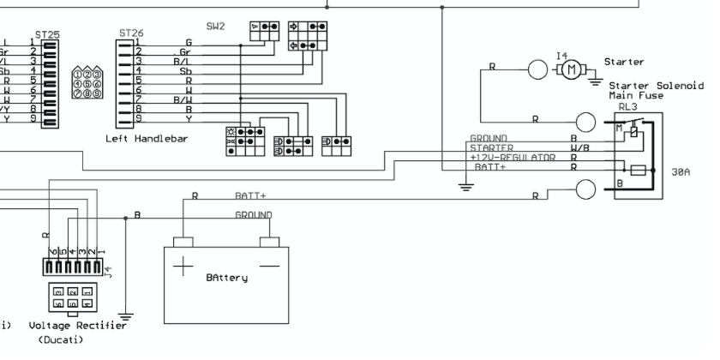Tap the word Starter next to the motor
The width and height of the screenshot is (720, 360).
tap(623, 63)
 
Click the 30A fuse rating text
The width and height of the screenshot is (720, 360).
tap(681, 172)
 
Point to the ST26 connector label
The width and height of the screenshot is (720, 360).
tap(131, 33)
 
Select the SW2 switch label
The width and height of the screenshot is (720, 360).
tap(216, 27)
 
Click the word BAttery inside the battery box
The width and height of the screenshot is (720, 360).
tap(227, 278)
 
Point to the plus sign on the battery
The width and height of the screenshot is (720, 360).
tap(183, 267)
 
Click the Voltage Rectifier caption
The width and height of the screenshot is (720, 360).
tap(77, 326)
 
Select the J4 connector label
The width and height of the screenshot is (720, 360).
tap(109, 273)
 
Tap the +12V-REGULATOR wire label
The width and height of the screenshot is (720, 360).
tap(506, 158)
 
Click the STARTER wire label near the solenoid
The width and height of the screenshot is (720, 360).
tap(492, 148)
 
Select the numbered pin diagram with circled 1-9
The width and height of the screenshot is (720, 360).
tap(88, 84)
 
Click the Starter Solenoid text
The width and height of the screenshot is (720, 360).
tap(656, 87)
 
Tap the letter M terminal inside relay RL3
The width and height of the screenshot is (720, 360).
tap(620, 129)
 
